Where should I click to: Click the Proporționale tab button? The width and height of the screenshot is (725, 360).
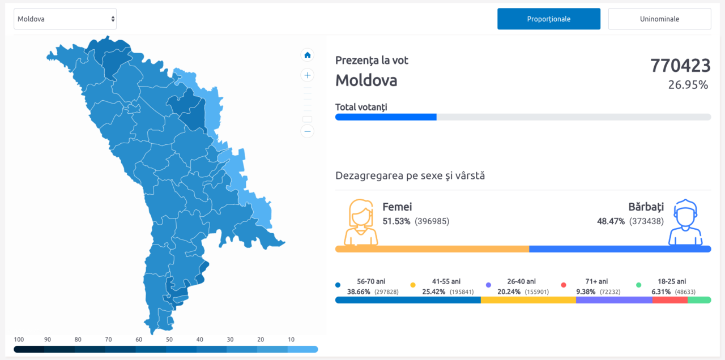[x=549, y=19]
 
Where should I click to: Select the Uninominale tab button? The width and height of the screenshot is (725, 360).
[x=659, y=19]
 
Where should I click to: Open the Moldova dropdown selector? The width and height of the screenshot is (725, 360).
[x=65, y=19]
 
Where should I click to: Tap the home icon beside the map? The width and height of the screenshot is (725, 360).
[x=307, y=55]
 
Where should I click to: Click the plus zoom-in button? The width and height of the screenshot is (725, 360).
[x=307, y=75]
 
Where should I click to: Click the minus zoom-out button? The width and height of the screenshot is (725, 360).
[x=307, y=131]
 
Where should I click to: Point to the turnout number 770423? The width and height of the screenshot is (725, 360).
[x=680, y=66]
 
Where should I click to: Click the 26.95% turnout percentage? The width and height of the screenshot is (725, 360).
[x=688, y=85]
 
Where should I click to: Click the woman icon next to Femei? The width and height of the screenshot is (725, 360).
[x=361, y=222]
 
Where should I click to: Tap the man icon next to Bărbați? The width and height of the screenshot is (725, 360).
[x=685, y=222]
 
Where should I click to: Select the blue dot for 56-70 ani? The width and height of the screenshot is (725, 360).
[x=338, y=285]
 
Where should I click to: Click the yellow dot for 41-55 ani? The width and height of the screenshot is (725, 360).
[x=413, y=285]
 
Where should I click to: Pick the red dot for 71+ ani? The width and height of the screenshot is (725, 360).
[x=564, y=285]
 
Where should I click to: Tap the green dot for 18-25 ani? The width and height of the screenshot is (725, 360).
[x=638, y=285]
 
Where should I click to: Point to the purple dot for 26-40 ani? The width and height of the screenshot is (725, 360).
[x=488, y=285]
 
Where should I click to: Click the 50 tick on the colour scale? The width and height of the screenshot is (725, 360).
[x=169, y=340]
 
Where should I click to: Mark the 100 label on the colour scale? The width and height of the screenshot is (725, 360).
[x=19, y=340]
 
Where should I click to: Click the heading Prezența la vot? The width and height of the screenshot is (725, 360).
[x=372, y=61]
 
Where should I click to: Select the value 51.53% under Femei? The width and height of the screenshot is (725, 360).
[x=396, y=221]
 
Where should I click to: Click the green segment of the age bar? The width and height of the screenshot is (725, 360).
[x=699, y=300]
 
